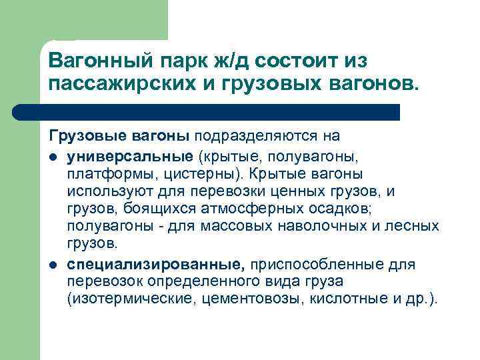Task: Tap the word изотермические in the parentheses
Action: (x=129, y=299)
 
